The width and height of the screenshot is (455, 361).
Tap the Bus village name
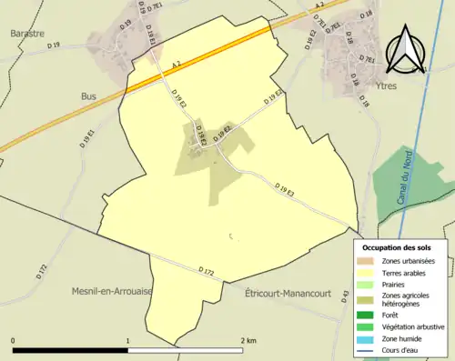89,95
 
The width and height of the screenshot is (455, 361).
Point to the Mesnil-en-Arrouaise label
112,291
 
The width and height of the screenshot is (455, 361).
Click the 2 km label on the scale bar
248,339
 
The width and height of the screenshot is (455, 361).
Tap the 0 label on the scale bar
14,339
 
